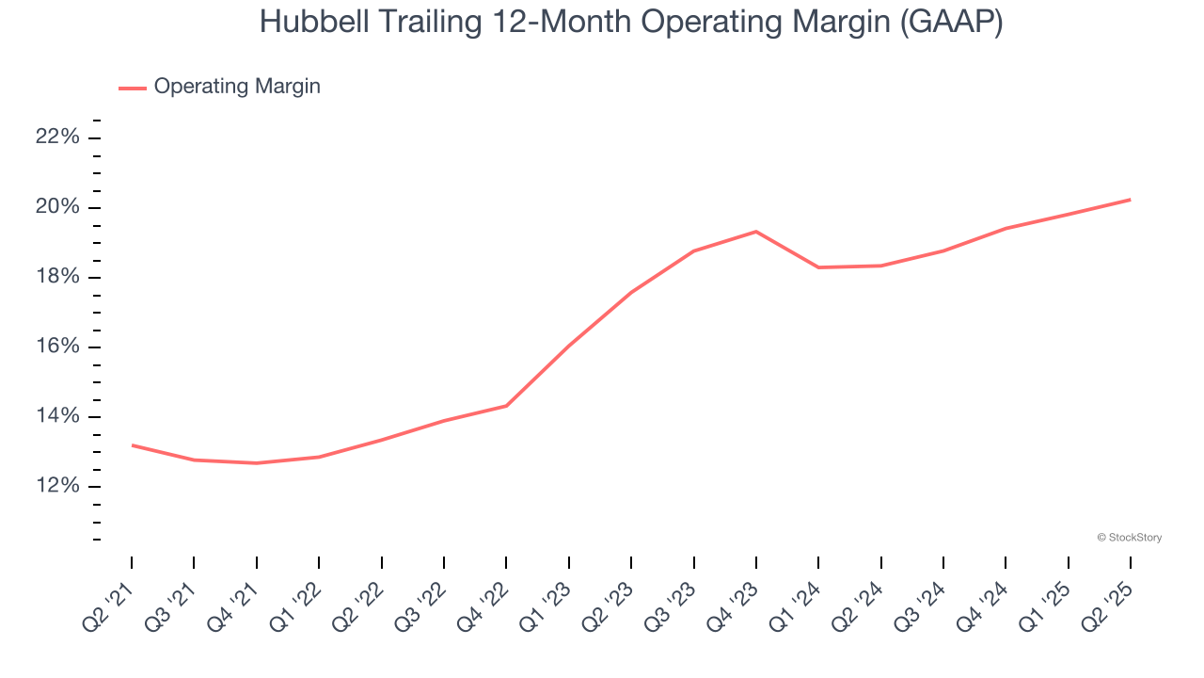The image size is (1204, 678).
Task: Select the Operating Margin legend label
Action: click(237, 87)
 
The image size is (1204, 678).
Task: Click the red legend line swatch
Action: click(132, 88)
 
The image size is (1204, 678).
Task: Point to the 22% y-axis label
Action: click(57, 137)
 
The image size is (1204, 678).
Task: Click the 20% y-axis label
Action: click(57, 207)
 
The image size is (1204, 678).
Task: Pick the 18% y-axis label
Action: click(57, 277)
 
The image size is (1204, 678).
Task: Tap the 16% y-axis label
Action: click(57, 347)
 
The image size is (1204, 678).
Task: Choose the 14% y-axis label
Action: click(57, 416)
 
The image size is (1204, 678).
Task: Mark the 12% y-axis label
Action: click(57, 486)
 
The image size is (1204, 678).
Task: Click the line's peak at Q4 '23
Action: click(756, 232)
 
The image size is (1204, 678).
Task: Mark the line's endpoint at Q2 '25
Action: click(1130, 200)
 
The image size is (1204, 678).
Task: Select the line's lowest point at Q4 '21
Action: click(256, 463)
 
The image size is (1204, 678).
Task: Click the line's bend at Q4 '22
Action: click(506, 406)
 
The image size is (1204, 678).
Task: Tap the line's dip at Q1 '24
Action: click(818, 267)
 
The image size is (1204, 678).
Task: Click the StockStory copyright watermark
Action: click(1129, 538)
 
